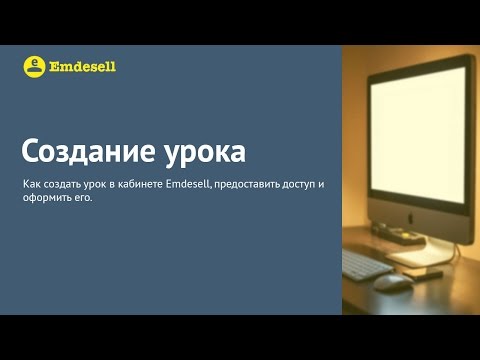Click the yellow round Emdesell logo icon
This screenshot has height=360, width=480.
(34, 66)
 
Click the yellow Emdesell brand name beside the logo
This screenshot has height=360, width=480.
(83, 67)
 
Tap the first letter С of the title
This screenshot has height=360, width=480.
(31, 153)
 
